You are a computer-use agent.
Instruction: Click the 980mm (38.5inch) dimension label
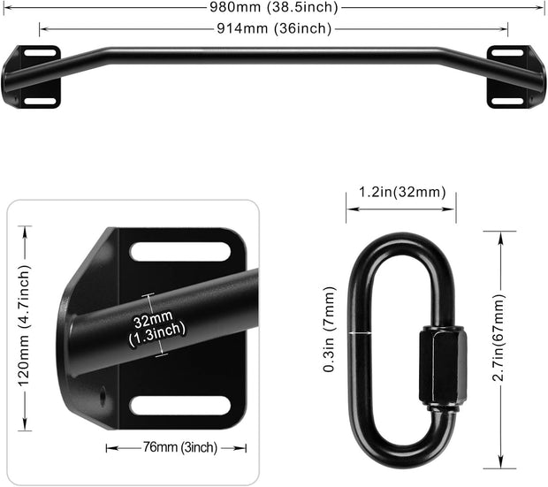point(273,7)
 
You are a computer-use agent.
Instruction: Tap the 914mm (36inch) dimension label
point(274,28)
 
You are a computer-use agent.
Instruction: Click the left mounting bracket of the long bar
point(37,78)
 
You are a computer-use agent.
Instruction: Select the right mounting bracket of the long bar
point(511,77)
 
